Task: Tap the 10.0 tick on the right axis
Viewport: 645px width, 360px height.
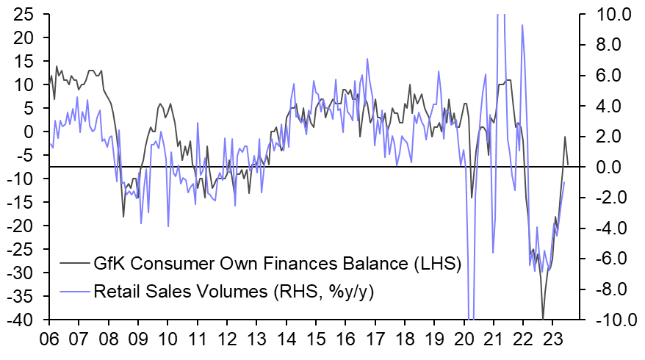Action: [604, 14]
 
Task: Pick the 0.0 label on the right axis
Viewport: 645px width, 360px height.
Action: [603, 168]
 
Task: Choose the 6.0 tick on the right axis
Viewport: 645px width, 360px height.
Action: [603, 76]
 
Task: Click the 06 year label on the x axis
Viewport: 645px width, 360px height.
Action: [49, 340]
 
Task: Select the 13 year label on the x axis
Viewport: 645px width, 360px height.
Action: [256, 340]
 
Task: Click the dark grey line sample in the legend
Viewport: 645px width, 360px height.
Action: [74, 262]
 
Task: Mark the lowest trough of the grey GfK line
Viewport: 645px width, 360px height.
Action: [543, 319]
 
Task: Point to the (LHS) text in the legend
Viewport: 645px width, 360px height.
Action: [435, 262]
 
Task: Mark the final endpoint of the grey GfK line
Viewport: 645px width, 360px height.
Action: [568, 164]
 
